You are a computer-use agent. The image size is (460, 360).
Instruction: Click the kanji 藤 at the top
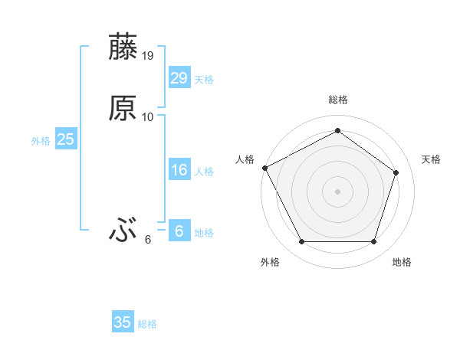pos(123,47)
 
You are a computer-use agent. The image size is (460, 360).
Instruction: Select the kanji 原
pos(123,109)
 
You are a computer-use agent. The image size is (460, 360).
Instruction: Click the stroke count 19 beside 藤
pos(148,56)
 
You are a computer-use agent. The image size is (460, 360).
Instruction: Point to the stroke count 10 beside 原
pos(148,117)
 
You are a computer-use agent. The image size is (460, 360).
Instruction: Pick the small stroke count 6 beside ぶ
pos(148,240)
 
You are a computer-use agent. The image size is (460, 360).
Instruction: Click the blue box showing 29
pos(179,78)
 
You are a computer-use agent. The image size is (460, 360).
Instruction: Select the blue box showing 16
pos(179,170)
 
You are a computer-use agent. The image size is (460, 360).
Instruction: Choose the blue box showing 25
pos(65,139)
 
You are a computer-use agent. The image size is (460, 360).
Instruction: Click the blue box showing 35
pos(122,322)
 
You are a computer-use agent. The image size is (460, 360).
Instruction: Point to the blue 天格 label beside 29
pos(204,80)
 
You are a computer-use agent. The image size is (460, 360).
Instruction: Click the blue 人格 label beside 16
pos(204,172)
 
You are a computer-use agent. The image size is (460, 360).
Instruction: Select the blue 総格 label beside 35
pos(147,324)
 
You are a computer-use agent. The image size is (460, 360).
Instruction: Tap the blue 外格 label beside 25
pos(41,141)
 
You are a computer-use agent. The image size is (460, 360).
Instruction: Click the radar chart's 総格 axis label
pos(337,100)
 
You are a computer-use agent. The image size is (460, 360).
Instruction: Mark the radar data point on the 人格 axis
pos(264,167)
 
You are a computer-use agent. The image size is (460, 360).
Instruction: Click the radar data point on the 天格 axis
pos(396,172)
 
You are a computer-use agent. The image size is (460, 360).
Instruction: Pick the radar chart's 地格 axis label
pos(402,263)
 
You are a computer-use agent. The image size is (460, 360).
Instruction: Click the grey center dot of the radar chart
pos(337,191)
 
